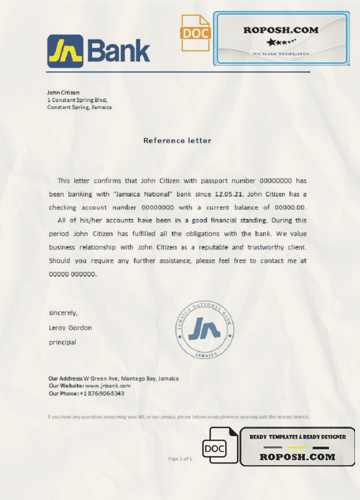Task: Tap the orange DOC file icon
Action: pyautogui.click(x=195, y=33)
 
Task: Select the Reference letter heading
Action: pyautogui.click(x=177, y=140)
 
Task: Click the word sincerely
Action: pyautogui.click(x=63, y=313)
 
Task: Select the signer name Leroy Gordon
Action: pyautogui.click(x=70, y=328)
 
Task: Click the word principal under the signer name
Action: pyautogui.click(x=62, y=342)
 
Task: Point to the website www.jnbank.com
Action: pyautogui.click(x=107, y=386)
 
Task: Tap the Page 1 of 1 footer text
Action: pyautogui.click(x=180, y=459)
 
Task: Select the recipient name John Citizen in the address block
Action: pyautogui.click(x=63, y=92)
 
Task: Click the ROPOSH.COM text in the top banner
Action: pyautogui.click(x=281, y=30)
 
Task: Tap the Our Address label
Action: pyautogui.click(x=65, y=378)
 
